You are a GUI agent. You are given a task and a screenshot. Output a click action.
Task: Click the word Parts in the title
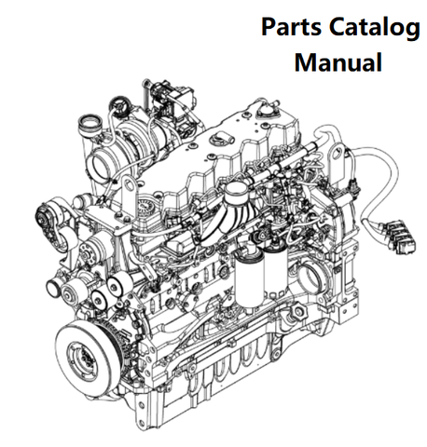(x=291, y=27)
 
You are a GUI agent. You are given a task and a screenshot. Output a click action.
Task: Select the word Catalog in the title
(x=375, y=28)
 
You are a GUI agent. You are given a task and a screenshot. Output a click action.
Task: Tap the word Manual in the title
(x=337, y=62)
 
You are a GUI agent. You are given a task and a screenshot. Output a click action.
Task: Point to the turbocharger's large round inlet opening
(x=100, y=167)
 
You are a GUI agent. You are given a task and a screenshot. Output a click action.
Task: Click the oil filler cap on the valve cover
(x=220, y=137)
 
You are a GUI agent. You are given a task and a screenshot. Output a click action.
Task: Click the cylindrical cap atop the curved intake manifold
(x=236, y=192)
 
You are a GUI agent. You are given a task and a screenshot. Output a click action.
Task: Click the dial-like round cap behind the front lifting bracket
(x=146, y=207)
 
